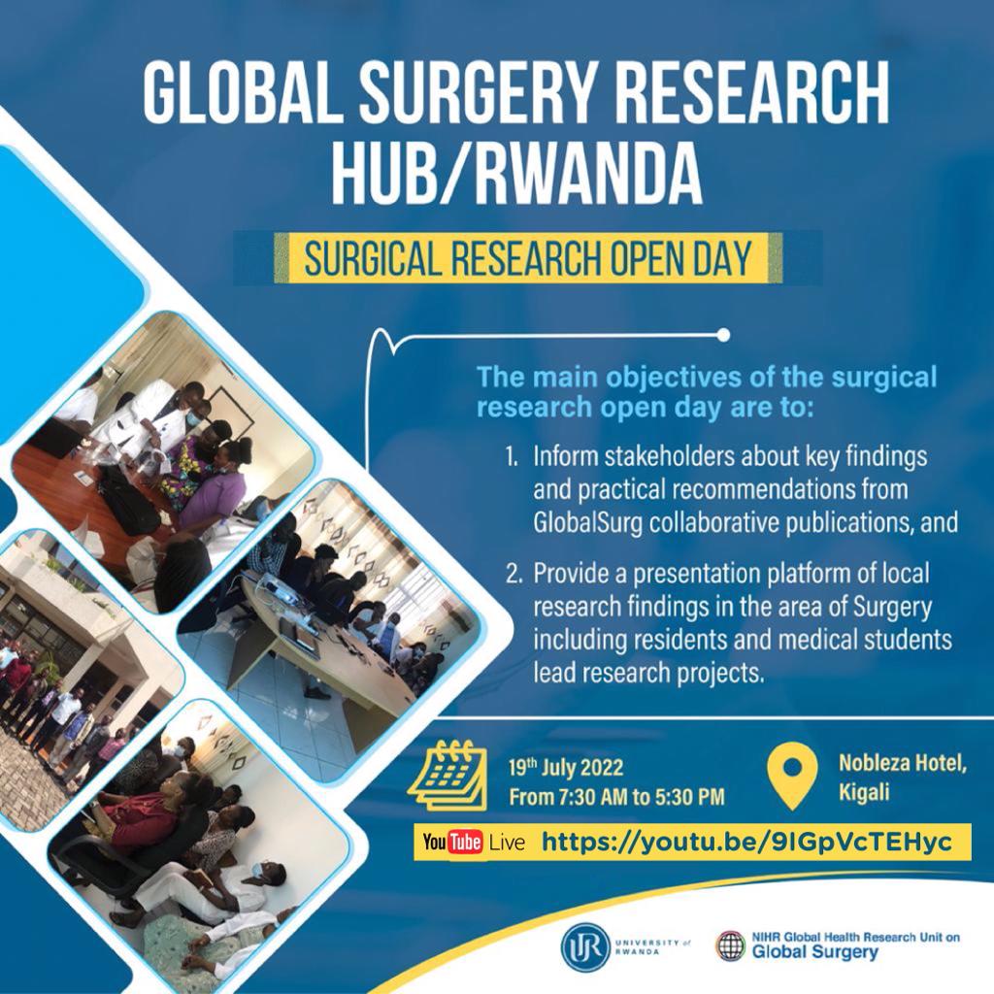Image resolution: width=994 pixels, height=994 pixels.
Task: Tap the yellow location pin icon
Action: [x=792, y=774]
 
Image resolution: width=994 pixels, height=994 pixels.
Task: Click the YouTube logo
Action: [x=453, y=842]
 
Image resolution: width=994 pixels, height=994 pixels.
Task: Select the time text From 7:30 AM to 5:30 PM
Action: [x=616, y=798]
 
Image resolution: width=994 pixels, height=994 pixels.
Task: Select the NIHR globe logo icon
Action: [x=730, y=945]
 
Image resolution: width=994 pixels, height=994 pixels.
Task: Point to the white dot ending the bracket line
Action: [x=722, y=336]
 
